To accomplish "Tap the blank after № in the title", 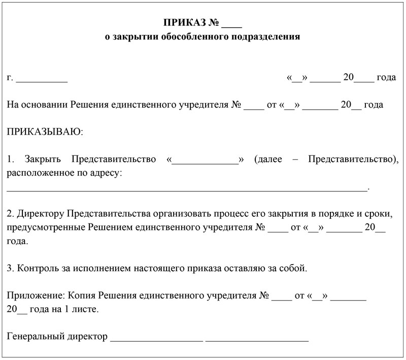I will pos(232,24).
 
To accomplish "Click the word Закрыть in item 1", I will pos(40,159).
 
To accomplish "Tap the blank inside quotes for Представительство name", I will pos(206,161).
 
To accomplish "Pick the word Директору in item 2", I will pos(41,211).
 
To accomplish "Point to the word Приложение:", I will pos(32,295).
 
